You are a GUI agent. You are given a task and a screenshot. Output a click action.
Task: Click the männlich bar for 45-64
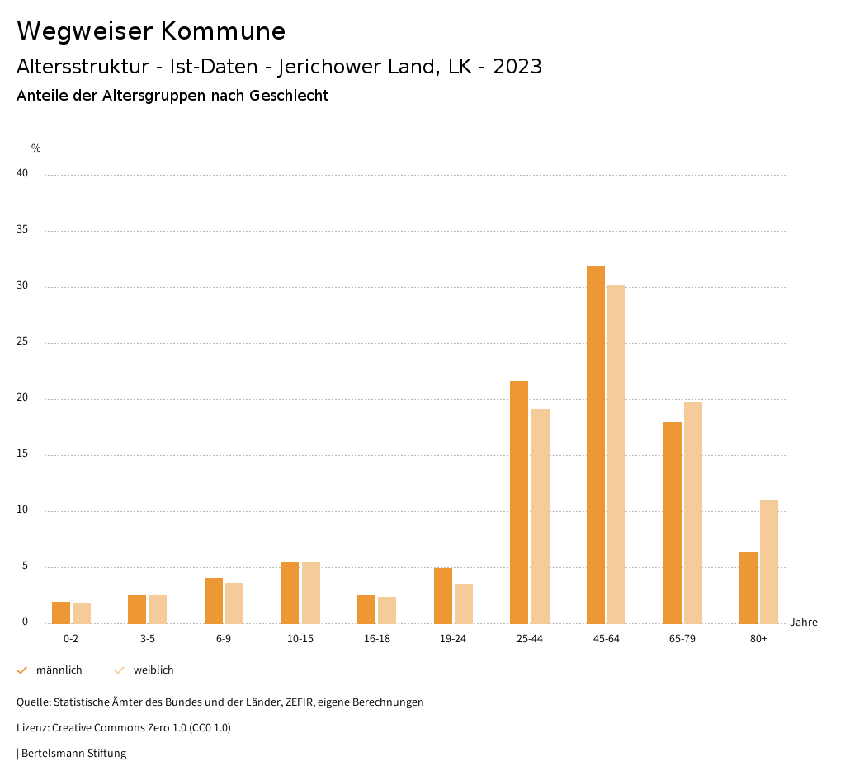(x=595, y=444)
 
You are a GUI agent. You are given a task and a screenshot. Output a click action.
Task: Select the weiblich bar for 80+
(x=768, y=561)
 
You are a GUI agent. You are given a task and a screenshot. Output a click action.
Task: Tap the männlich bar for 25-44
(x=519, y=501)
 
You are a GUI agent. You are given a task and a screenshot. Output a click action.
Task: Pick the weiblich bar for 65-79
(x=692, y=512)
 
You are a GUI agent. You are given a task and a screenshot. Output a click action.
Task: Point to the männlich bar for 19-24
(x=442, y=595)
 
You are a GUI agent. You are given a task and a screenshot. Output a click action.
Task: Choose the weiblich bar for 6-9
(x=234, y=603)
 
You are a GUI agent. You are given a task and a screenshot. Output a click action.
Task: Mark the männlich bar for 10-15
(x=290, y=592)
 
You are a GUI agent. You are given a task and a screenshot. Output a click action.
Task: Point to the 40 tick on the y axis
(x=22, y=174)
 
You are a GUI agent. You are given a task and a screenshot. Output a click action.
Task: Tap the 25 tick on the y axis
(x=22, y=342)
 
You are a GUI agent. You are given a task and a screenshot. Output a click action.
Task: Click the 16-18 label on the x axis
(x=376, y=639)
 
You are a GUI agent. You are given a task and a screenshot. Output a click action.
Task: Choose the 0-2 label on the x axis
(x=71, y=639)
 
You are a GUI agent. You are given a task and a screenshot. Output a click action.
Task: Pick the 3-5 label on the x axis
(x=147, y=639)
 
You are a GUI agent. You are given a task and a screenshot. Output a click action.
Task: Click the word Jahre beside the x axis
(x=803, y=623)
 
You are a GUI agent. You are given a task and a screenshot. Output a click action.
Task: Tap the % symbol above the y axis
(x=36, y=148)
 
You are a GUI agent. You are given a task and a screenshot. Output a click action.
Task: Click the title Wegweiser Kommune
(x=151, y=31)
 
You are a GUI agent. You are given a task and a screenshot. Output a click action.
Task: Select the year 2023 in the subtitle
(x=517, y=67)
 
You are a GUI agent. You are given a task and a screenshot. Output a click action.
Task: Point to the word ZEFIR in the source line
(x=297, y=702)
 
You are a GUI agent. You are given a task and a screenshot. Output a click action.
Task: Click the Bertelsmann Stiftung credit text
(x=73, y=754)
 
